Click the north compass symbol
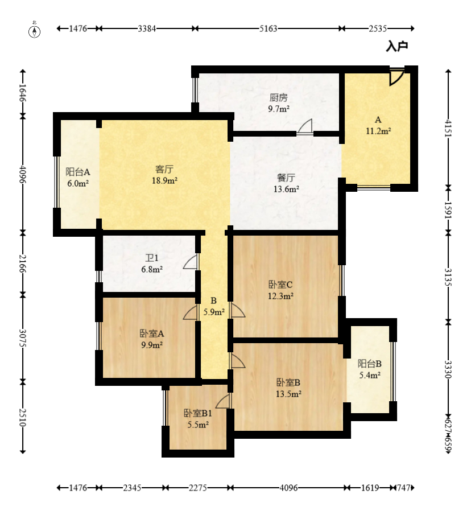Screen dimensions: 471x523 click(34, 31)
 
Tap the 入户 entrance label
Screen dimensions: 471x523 click(397, 46)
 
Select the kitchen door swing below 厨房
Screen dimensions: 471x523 click(305, 127)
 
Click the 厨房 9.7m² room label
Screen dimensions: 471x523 click(279, 103)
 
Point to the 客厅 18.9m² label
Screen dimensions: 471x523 click(164, 175)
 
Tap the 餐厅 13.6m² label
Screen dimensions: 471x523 click(286, 183)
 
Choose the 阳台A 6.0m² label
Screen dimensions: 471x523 click(78, 178)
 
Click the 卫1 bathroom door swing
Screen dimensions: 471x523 click(191, 262)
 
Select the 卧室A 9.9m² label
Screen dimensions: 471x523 click(152, 339)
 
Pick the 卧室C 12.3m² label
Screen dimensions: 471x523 click(280, 290)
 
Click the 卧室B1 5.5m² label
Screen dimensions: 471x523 click(198, 419)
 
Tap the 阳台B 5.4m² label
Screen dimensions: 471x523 click(370, 369)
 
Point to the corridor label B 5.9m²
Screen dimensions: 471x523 click(214, 307)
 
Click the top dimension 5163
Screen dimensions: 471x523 click(268, 28)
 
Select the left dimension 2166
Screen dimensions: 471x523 click(23, 263)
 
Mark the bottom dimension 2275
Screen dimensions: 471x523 click(198, 488)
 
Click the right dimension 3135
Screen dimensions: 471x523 click(448, 277)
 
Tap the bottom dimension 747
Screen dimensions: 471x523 click(404, 488)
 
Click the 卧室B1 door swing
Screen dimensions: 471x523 click(223, 401)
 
